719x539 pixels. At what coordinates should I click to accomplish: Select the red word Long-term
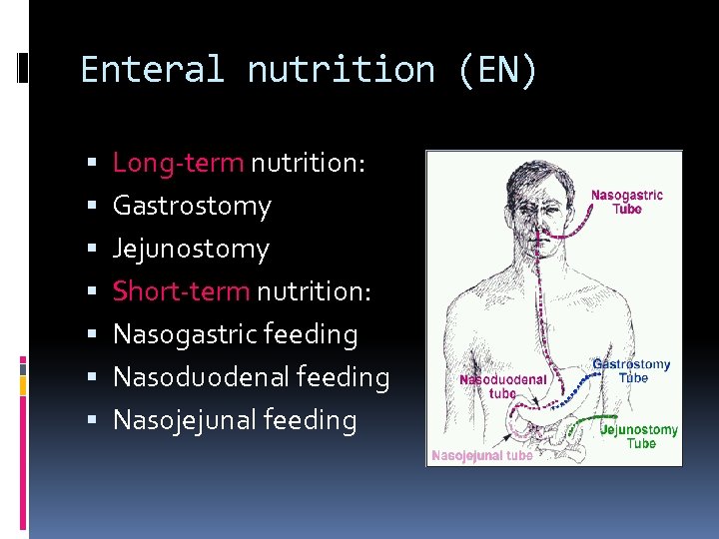point(178,162)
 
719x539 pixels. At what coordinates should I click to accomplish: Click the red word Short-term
point(182,291)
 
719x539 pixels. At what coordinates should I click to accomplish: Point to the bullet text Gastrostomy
point(192,206)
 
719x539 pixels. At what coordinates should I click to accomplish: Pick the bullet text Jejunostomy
point(191,249)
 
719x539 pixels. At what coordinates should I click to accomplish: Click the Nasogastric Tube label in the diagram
point(627,202)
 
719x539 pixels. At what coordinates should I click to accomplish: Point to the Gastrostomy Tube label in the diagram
point(632,371)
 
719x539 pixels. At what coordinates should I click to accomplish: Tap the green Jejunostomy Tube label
point(639,436)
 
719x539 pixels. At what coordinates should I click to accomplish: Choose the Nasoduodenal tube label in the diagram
point(502,386)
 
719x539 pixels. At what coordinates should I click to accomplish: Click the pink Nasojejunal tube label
point(481,455)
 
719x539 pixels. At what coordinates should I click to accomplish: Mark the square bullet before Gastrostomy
point(91,207)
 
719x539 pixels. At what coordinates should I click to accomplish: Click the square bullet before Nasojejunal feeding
point(91,421)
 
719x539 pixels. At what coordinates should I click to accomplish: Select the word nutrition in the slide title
point(341,70)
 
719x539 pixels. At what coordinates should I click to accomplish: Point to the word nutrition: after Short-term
point(315,291)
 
